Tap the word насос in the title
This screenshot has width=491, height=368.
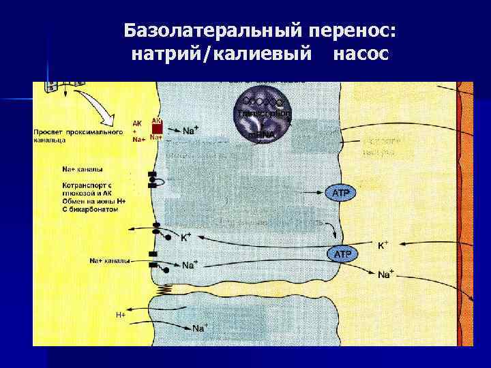361,54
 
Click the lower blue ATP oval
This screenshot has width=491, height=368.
342,254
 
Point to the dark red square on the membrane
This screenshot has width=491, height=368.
157,127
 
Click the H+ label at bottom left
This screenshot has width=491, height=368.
120,315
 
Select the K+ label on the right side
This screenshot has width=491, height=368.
384,244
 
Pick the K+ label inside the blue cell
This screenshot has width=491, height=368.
185,238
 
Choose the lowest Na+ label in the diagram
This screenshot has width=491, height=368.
200,328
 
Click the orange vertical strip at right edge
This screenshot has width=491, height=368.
466,204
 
